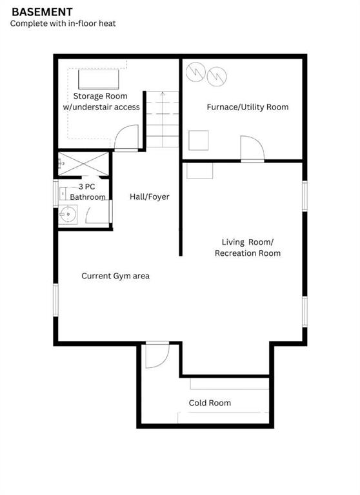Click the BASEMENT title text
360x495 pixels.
pos(42,12)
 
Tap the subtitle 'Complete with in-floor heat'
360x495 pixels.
pos(63,23)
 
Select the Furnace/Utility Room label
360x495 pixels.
pos(248,107)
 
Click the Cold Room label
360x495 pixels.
pos(210,403)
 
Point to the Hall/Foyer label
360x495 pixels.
pos(150,197)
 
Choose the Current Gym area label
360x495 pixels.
pos(115,276)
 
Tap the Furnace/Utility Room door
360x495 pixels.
pos(252,148)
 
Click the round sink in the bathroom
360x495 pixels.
pos(68,215)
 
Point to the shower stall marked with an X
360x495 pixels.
pos(83,164)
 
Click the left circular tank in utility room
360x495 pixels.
pos(195,72)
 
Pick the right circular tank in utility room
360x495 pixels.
pos(217,77)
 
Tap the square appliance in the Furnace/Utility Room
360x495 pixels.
pos(199,141)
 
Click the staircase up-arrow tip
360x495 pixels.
pos(163,92)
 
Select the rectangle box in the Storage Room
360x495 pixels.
pos(99,79)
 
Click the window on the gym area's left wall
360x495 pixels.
pos(55,300)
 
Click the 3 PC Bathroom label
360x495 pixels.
pos(88,192)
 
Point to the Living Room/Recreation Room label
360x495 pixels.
pos(248,247)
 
